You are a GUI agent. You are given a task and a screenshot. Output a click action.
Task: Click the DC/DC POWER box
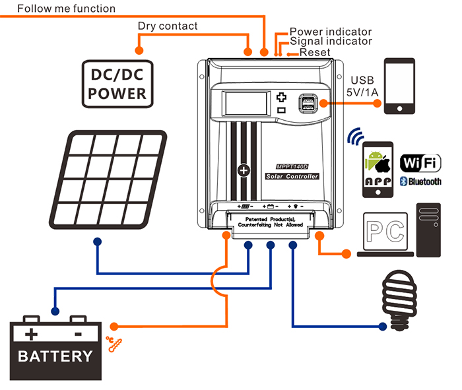pyautogui.click(x=117, y=83)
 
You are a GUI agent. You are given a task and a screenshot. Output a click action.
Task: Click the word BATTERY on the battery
pyautogui.click(x=55, y=357)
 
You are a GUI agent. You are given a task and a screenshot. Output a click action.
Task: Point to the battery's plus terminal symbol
pyautogui.click(x=32, y=334)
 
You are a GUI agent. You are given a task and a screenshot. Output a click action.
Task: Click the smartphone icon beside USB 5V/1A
pyautogui.click(x=401, y=85)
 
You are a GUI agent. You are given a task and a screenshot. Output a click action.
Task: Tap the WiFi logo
pyautogui.click(x=420, y=162)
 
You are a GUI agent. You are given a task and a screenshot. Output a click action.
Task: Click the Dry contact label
pyautogui.click(x=167, y=26)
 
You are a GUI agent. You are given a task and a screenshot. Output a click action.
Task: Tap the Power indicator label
pyautogui.click(x=331, y=31)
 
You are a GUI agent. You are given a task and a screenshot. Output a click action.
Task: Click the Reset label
pyautogui.click(x=314, y=52)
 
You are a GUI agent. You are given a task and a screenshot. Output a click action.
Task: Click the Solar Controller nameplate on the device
pyautogui.click(x=292, y=176)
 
